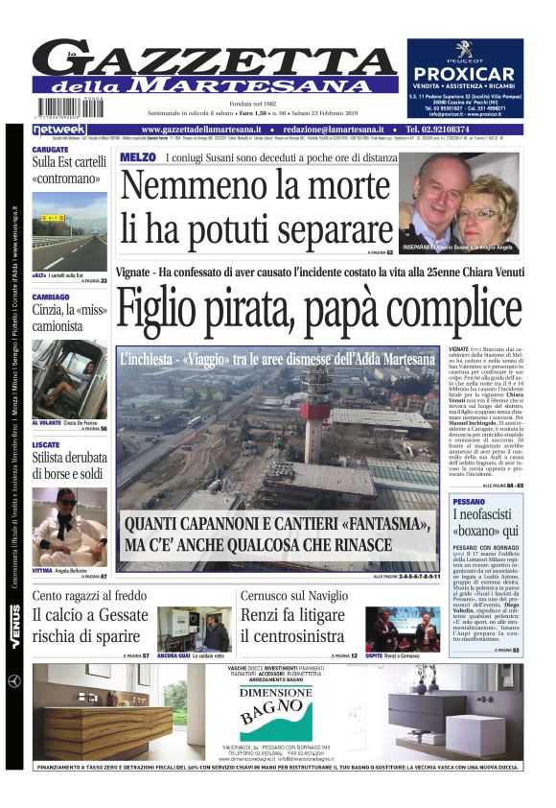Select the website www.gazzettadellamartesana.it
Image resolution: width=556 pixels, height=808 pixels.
tap(197, 129)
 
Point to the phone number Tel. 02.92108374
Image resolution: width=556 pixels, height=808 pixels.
tap(450, 129)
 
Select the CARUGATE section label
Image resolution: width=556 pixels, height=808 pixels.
tap(50, 151)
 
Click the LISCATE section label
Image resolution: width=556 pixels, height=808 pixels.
tap(46, 445)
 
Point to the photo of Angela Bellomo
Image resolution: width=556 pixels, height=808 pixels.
tap(69, 527)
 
